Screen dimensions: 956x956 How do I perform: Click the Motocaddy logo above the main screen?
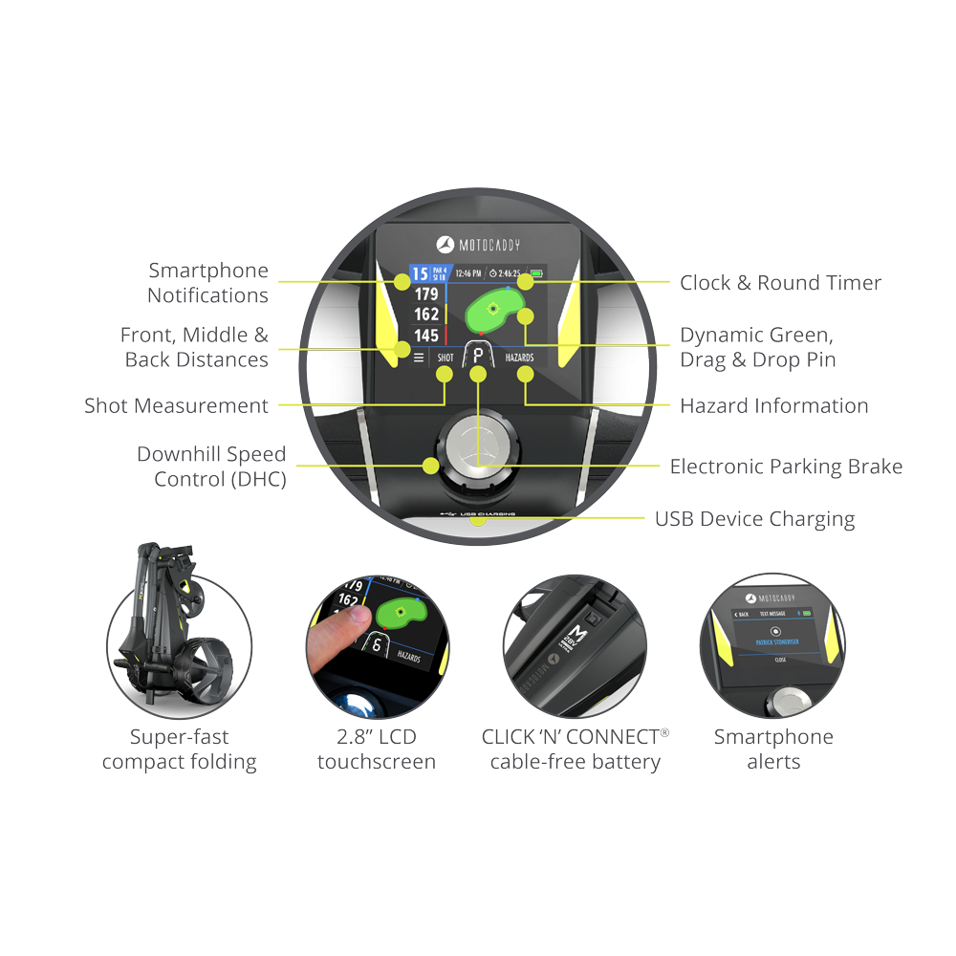[474, 244]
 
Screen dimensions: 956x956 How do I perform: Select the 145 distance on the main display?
[426, 336]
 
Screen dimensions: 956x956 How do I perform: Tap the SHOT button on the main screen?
[445, 358]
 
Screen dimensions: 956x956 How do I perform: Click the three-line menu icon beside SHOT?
[418, 358]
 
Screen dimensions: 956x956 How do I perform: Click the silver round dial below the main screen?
[477, 445]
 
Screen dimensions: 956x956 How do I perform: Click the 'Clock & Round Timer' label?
[780, 283]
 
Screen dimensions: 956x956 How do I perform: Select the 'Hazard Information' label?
[773, 406]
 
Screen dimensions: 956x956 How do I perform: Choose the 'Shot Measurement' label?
[177, 406]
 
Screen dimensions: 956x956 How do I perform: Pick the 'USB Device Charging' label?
[754, 519]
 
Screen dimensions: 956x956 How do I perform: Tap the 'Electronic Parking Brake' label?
[786, 467]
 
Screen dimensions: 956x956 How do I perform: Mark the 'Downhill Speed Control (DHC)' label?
[211, 467]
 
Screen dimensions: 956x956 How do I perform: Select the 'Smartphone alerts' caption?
[773, 750]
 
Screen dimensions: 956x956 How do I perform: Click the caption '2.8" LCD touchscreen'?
[377, 750]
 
